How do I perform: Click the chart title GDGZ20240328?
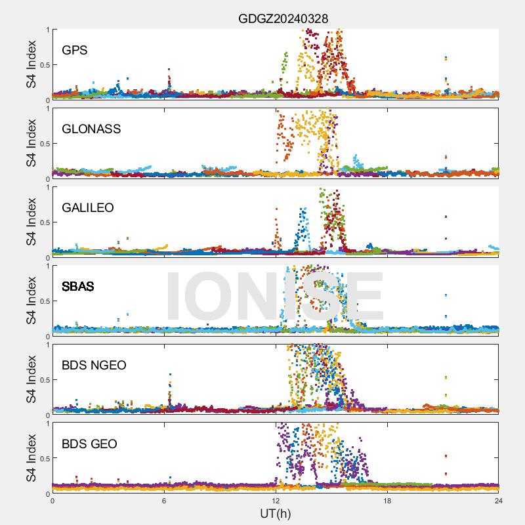pyautogui.click(x=283, y=18)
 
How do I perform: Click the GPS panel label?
pyautogui.click(x=75, y=50)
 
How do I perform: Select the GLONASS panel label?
pyautogui.click(x=91, y=129)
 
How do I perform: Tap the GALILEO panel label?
pyautogui.click(x=88, y=207)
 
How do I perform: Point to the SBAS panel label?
pyautogui.click(x=78, y=286)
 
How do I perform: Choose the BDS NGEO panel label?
pyautogui.click(x=94, y=365)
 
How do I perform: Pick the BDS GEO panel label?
pyautogui.click(x=89, y=444)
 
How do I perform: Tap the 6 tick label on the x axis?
pyautogui.click(x=164, y=501)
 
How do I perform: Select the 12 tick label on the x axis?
pyautogui.click(x=276, y=501)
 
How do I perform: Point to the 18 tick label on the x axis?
pyautogui.click(x=387, y=501)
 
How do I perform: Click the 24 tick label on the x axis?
pyautogui.click(x=499, y=501)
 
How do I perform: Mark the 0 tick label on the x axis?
pyautogui.click(x=52, y=501)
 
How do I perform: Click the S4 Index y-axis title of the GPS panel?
pyautogui.click(x=31, y=64)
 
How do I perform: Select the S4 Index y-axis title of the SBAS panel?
pyautogui.click(x=31, y=301)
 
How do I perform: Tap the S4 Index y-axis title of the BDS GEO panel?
pyautogui.click(x=31, y=458)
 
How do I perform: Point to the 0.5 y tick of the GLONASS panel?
pyautogui.click(x=43, y=143)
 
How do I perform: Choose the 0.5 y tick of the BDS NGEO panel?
pyautogui.click(x=43, y=379)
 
